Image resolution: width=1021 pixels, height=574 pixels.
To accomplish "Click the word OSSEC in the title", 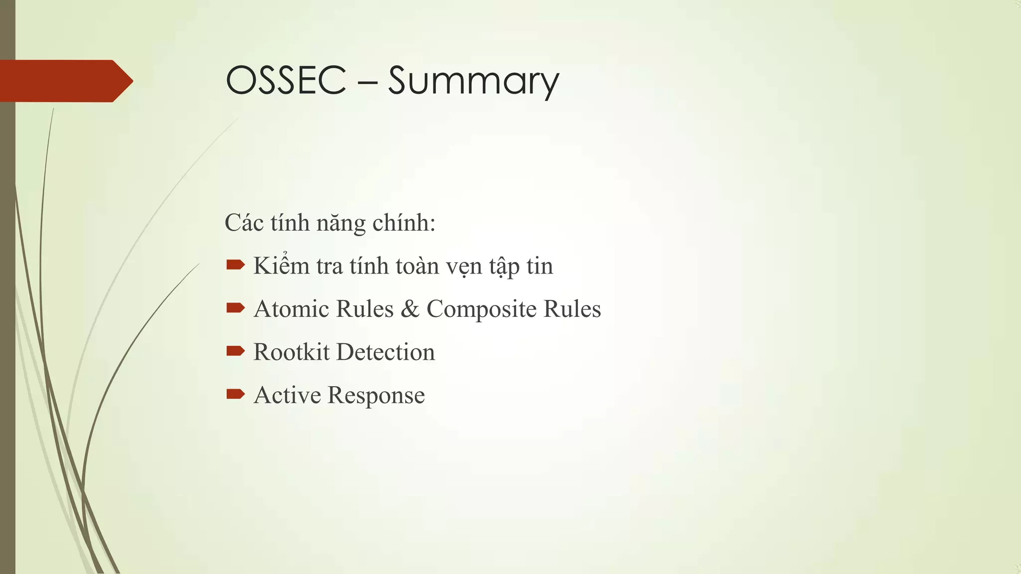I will point(286,80).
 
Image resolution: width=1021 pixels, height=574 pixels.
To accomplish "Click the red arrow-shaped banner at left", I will point(65,81).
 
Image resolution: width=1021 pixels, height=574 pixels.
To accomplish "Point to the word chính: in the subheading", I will point(404,223).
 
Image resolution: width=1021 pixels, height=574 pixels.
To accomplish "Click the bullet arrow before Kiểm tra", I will point(235,265).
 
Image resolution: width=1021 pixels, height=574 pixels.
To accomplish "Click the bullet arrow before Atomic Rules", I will point(235,308).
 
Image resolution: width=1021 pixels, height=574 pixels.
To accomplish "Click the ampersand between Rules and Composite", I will point(410,309).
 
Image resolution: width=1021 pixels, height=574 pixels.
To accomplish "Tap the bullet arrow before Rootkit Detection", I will point(235,352).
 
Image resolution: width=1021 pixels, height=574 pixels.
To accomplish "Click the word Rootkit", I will point(291,352).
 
